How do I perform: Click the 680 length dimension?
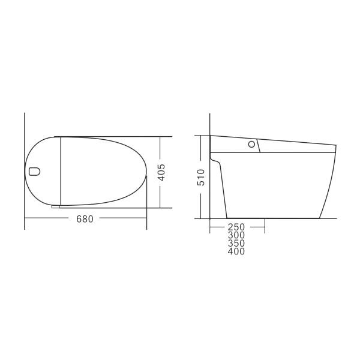click(85, 219)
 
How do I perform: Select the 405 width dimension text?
click(161, 173)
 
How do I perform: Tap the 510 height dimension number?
click(201, 177)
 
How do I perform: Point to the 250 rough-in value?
click(236, 227)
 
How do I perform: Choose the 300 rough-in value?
click(236, 236)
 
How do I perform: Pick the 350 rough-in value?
click(236, 244)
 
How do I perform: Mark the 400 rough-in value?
click(236, 252)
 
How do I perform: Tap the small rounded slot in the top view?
click(34, 172)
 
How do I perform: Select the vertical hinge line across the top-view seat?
click(61, 171)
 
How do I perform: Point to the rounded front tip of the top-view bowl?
click(146, 174)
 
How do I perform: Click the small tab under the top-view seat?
click(56, 206)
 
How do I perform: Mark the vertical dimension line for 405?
click(161, 192)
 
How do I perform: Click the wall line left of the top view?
click(25, 150)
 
